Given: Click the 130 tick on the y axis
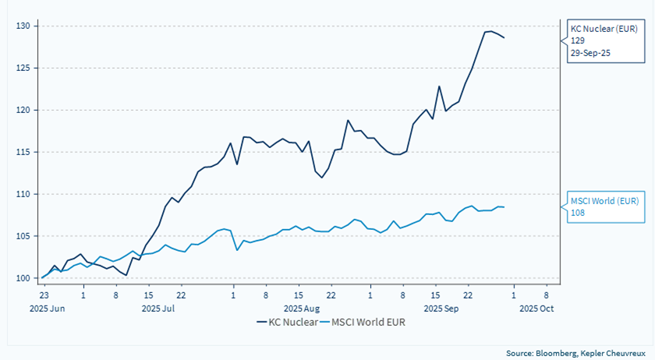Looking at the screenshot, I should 23,26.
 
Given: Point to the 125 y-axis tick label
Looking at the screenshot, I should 23,68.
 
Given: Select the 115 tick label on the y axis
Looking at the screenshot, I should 23,152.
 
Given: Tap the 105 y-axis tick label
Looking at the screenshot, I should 23,236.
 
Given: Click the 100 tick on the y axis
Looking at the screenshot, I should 23,278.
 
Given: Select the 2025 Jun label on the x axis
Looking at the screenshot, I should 44,308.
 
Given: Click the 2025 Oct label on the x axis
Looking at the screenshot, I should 536,308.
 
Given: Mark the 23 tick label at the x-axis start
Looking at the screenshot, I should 44,296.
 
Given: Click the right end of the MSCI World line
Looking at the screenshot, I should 504,206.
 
